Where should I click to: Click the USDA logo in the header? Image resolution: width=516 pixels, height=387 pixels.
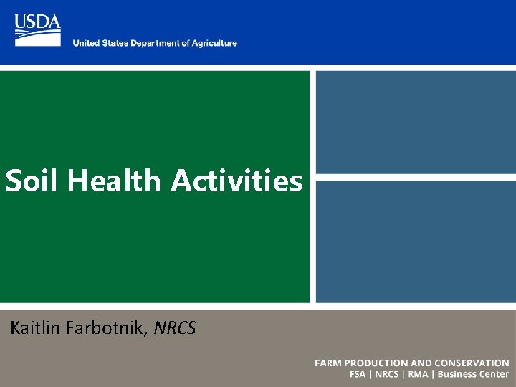(37, 30)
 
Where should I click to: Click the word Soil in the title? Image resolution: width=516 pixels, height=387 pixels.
(33, 181)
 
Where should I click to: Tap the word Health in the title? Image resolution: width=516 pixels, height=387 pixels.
(115, 181)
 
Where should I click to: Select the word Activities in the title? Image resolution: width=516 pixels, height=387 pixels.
(236, 181)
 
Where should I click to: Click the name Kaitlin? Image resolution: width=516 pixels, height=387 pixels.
(37, 328)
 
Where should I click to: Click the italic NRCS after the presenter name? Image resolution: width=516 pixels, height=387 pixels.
(174, 328)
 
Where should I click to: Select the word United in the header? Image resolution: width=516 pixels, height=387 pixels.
(86, 44)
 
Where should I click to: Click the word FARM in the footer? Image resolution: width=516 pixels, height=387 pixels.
(329, 363)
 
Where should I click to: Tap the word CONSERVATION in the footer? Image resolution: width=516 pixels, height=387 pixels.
(469, 363)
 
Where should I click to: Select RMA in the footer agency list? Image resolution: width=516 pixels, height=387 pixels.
(418, 374)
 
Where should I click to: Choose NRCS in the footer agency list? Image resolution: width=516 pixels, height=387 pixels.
(388, 374)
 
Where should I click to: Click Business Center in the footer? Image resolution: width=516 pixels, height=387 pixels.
(473, 374)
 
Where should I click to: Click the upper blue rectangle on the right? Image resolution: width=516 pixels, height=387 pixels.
(416, 121)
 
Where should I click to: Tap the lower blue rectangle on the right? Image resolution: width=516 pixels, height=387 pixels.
(416, 241)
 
